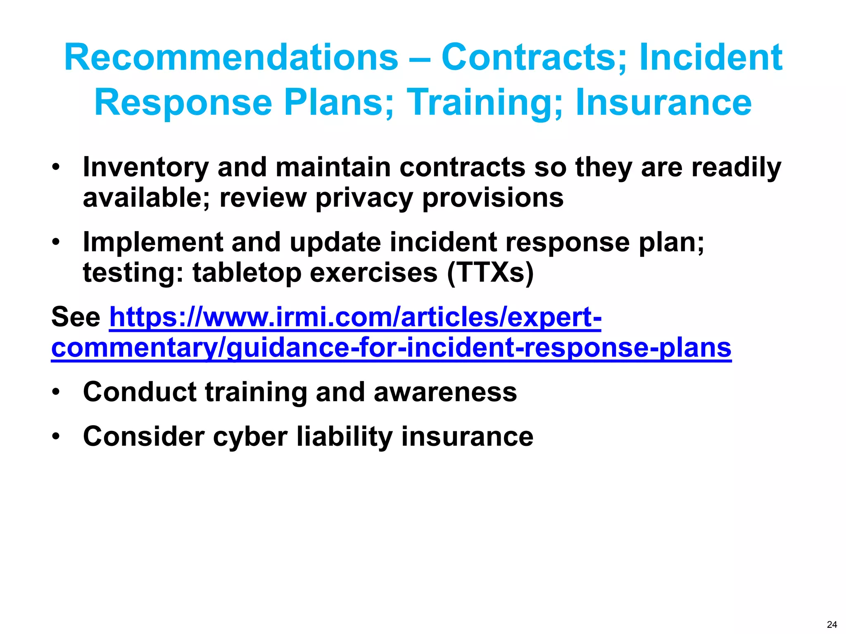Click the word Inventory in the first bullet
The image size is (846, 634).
pyautogui.click(x=145, y=168)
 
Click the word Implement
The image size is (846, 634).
pyautogui.click(x=152, y=242)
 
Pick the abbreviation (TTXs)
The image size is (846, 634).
pyautogui.click(x=490, y=273)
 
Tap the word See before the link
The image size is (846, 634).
pyautogui.click(x=76, y=317)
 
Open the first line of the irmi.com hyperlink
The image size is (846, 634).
pyautogui.click(x=355, y=317)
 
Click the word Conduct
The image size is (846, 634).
pyautogui.click(x=139, y=392)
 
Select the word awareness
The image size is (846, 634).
pyautogui.click(x=445, y=392)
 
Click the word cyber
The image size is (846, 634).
pyautogui.click(x=250, y=437)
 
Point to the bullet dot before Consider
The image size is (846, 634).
pyautogui.click(x=56, y=436)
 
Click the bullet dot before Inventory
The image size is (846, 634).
pyautogui.click(x=56, y=167)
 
